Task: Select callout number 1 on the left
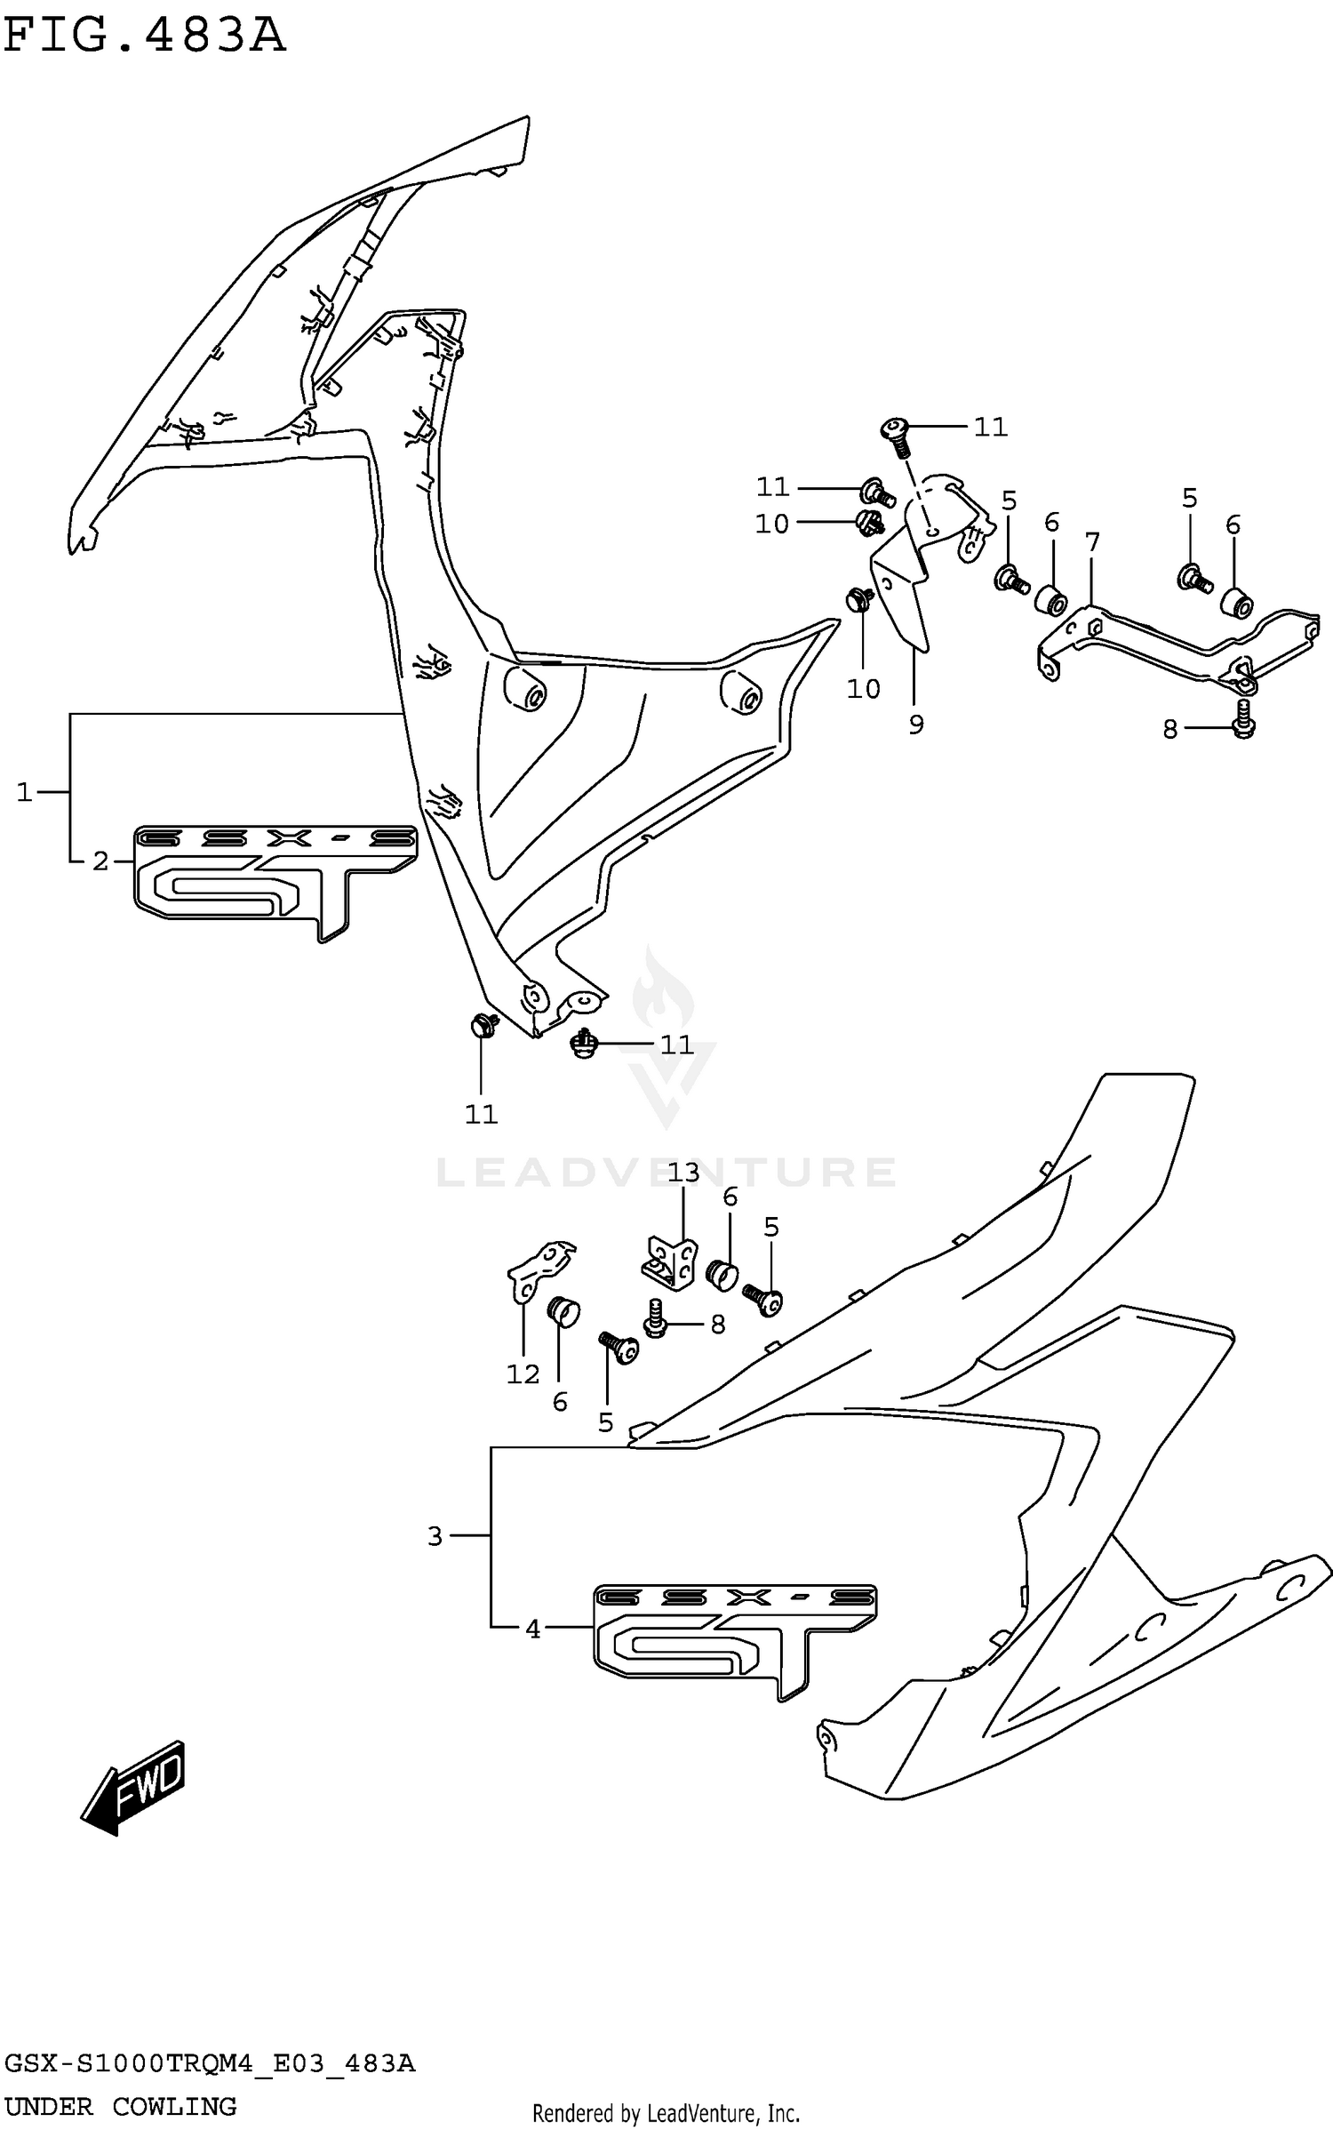click(x=24, y=791)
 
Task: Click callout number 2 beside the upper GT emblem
click(x=100, y=861)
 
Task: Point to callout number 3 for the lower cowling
click(x=435, y=1535)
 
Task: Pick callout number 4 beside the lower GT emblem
click(x=532, y=1629)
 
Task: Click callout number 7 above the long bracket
click(x=1092, y=541)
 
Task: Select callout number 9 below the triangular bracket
click(x=916, y=724)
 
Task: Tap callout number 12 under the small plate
click(x=523, y=1373)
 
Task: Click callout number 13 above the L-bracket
click(x=683, y=1172)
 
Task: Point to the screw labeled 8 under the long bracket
click(x=1242, y=718)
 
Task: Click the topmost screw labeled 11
click(x=896, y=433)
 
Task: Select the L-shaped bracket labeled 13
click(x=671, y=1261)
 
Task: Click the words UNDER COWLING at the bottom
click(x=120, y=2106)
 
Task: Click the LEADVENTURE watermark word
click(x=666, y=1172)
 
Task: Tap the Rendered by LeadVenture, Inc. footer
click(x=666, y=2112)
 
